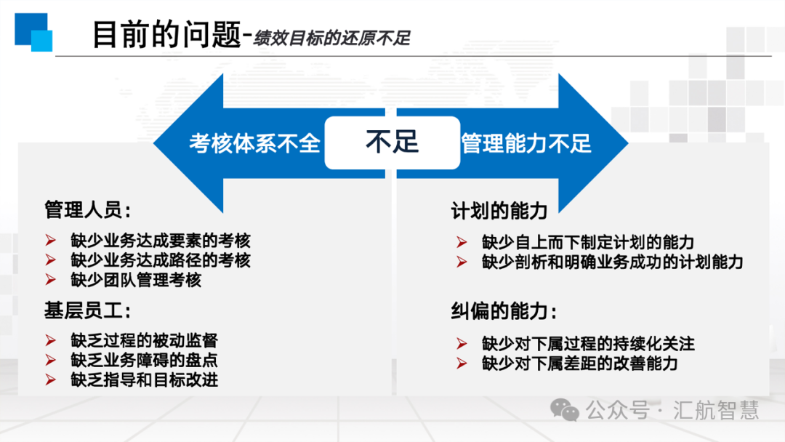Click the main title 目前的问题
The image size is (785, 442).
(x=166, y=34)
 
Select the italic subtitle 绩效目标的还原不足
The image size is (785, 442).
(x=332, y=38)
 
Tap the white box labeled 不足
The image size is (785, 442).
(x=392, y=142)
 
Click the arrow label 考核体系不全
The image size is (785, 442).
(x=254, y=144)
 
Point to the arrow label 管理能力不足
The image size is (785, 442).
(x=526, y=144)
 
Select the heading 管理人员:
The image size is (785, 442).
(x=88, y=209)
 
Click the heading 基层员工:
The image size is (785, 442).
(x=88, y=310)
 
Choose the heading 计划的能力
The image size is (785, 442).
(x=499, y=211)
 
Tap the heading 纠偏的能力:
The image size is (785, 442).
(x=504, y=311)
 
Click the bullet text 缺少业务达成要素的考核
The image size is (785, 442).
(x=160, y=241)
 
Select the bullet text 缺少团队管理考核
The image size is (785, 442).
(x=136, y=280)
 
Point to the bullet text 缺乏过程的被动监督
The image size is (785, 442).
(x=144, y=340)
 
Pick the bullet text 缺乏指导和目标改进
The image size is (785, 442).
(x=144, y=380)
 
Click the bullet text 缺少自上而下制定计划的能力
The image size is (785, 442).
(x=588, y=242)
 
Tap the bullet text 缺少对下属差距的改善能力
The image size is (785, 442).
(x=580, y=363)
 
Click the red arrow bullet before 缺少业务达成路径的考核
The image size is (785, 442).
(x=51, y=260)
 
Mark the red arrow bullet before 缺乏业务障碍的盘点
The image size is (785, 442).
(x=51, y=361)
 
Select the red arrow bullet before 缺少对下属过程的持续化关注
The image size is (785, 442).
(x=462, y=344)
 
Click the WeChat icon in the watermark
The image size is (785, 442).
(x=565, y=410)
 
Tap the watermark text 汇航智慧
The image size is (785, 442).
(x=716, y=410)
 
